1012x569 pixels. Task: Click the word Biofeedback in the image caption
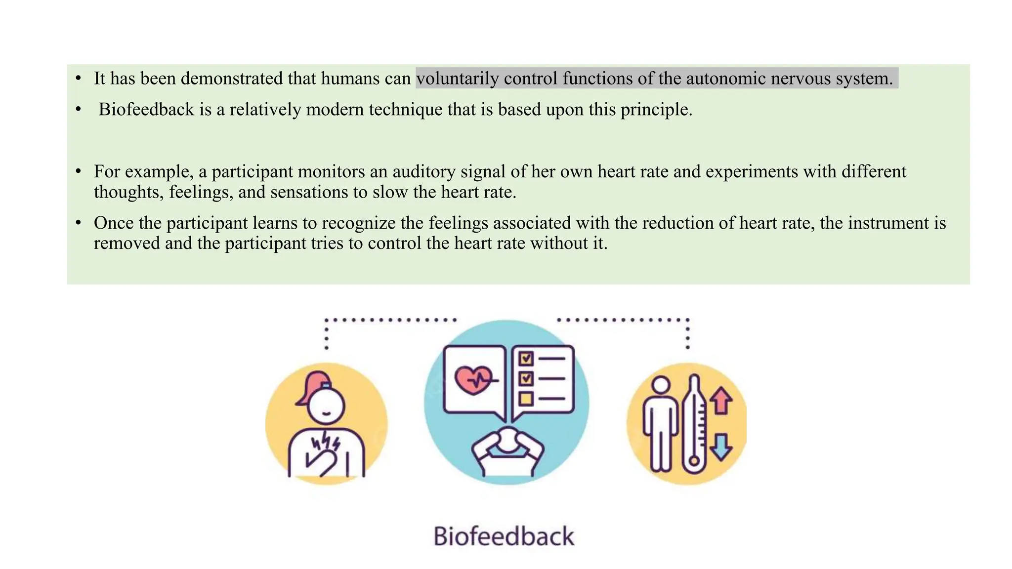click(x=504, y=536)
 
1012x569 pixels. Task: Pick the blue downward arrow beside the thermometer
click(x=721, y=447)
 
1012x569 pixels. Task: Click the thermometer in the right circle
click(x=694, y=425)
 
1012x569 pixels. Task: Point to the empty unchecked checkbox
click(x=526, y=398)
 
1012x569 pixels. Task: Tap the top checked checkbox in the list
click(x=526, y=358)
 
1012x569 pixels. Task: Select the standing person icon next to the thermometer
click(x=661, y=425)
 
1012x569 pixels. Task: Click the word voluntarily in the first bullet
click(x=458, y=79)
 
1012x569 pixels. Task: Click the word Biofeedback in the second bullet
click(x=146, y=110)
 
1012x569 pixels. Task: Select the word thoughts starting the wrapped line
click(x=128, y=192)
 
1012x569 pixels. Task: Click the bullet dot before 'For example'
click(x=78, y=171)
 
